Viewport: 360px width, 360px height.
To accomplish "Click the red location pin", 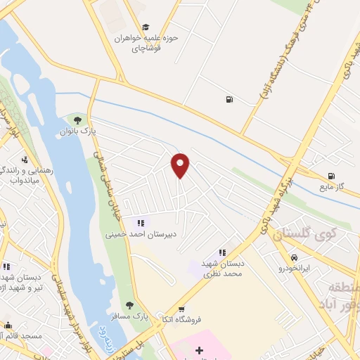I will tap(181, 165).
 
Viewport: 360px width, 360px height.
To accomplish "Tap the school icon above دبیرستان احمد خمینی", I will tap(140, 223).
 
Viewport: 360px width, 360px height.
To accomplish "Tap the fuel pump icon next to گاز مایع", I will tap(330, 176).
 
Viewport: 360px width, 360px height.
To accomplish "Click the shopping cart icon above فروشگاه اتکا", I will tap(182, 309).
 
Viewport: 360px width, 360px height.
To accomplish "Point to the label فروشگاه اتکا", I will tap(181, 319).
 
